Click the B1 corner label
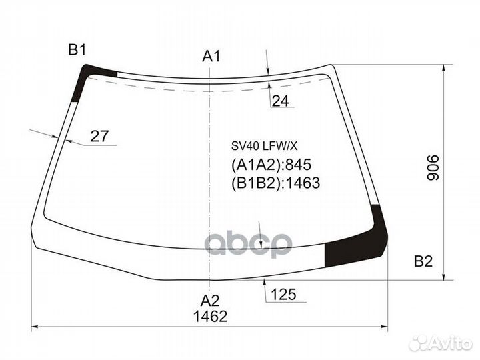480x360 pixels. coord(77,49)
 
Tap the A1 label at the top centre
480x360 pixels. coord(211,56)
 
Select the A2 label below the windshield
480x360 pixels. coord(210,301)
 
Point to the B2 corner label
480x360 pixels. coord(423,261)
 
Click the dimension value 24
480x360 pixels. coord(280,101)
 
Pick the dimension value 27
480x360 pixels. coord(99,136)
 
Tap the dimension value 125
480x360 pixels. coord(283,295)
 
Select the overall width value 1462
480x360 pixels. coord(210,316)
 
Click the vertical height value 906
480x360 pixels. coord(433,167)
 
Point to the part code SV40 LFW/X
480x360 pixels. coord(264,146)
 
